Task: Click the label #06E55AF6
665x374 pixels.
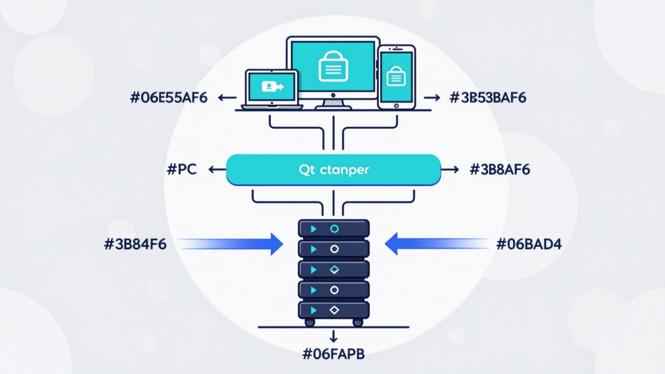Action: [x=169, y=97]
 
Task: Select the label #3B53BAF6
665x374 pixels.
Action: [x=488, y=97]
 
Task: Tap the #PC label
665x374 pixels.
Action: [x=181, y=169]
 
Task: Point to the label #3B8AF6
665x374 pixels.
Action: [x=500, y=169]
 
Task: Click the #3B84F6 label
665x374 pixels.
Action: [x=135, y=244]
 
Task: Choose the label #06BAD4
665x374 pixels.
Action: [x=529, y=244]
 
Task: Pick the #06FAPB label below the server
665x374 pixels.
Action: [x=333, y=355]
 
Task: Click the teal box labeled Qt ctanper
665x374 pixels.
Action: [x=333, y=169]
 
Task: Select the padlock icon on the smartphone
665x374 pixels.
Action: [x=396, y=75]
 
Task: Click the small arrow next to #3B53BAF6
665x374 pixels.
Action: [x=432, y=97]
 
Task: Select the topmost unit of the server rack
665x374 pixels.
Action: [x=333, y=229]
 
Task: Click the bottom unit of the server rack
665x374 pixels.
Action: [x=333, y=310]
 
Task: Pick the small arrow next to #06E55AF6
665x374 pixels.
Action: [x=227, y=97]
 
